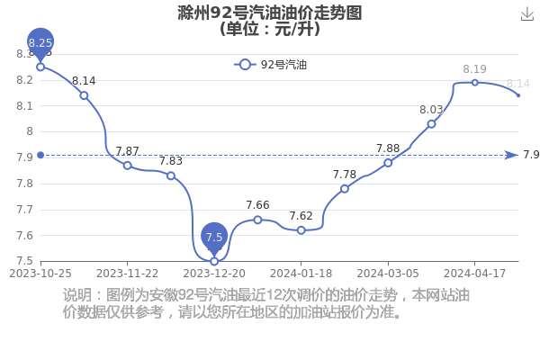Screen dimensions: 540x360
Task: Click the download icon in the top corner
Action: coord(527,14)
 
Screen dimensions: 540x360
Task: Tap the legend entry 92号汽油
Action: coord(270,65)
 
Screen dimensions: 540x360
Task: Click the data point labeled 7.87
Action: coord(128,166)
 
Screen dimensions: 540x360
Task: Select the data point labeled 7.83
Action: coord(171,175)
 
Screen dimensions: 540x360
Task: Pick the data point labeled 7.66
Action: coord(257,220)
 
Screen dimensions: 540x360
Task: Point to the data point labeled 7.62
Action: coord(301,230)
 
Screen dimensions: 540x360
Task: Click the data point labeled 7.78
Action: coord(345,189)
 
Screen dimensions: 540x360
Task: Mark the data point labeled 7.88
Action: coord(388,163)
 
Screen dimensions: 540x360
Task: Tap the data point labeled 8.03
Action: coord(431,124)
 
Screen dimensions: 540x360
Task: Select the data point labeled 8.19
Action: coord(475,83)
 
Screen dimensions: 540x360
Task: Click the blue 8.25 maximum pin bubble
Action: coord(40,42)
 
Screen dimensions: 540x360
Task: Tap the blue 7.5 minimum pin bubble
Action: coord(214,237)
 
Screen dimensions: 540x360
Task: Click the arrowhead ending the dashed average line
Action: coord(511,156)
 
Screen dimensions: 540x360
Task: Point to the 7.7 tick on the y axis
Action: coord(25,210)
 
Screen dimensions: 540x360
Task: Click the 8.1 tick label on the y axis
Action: coord(25,106)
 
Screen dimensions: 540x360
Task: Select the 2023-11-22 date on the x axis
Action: coord(128,274)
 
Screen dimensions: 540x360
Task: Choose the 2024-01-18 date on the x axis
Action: coord(301,274)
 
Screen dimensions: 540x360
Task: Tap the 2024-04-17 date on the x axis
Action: coord(474,274)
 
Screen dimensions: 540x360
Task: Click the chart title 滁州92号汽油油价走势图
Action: coord(270,13)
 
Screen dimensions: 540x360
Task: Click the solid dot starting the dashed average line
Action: coord(40,156)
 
